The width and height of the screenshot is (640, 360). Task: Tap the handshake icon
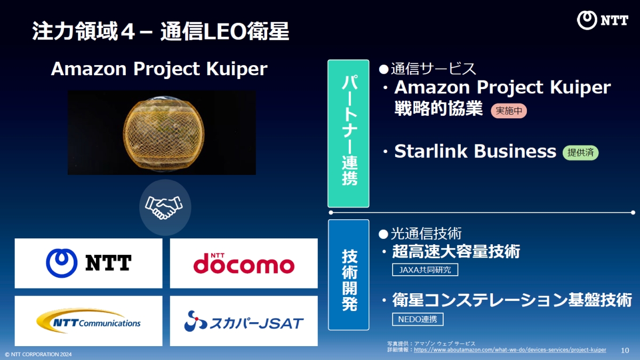point(165,207)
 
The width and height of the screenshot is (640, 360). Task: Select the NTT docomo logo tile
point(244,263)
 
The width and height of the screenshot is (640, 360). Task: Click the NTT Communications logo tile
point(89,321)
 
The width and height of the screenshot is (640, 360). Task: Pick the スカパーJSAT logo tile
point(244,321)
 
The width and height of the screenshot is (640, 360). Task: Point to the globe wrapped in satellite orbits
point(162,133)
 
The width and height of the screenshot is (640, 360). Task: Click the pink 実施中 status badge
point(508,111)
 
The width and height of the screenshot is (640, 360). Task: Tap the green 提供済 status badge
point(580,153)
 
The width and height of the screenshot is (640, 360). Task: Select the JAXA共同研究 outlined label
point(425,270)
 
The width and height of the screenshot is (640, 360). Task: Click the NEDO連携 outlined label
point(418,319)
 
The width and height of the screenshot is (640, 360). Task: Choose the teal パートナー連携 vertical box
point(348,133)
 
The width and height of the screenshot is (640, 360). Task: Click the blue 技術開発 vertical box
point(348,274)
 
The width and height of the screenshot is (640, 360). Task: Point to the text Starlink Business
point(475,151)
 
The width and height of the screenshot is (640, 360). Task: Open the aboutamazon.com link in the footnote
point(510,350)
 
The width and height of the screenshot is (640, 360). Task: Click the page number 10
point(625,350)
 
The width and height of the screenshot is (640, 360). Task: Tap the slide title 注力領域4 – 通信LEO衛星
point(161,31)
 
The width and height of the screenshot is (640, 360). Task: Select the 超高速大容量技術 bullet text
point(456,251)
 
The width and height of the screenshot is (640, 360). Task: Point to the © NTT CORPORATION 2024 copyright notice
point(38,354)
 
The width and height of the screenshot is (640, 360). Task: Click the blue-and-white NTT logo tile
point(89,263)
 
